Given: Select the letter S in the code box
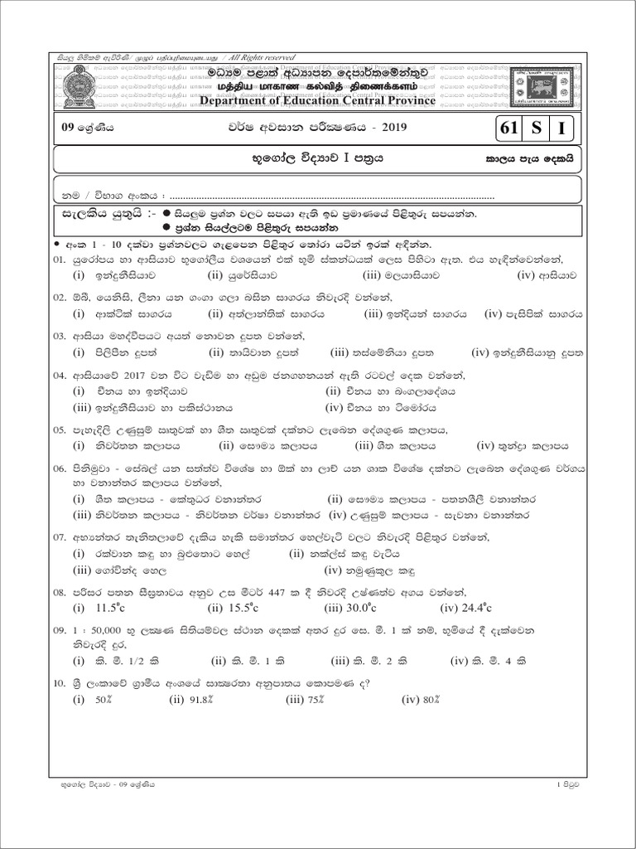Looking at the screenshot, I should pos(537,129).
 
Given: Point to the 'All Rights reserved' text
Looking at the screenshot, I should pos(253,56).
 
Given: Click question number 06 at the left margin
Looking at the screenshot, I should pos(60,468).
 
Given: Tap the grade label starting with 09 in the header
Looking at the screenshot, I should pos(82,129).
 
